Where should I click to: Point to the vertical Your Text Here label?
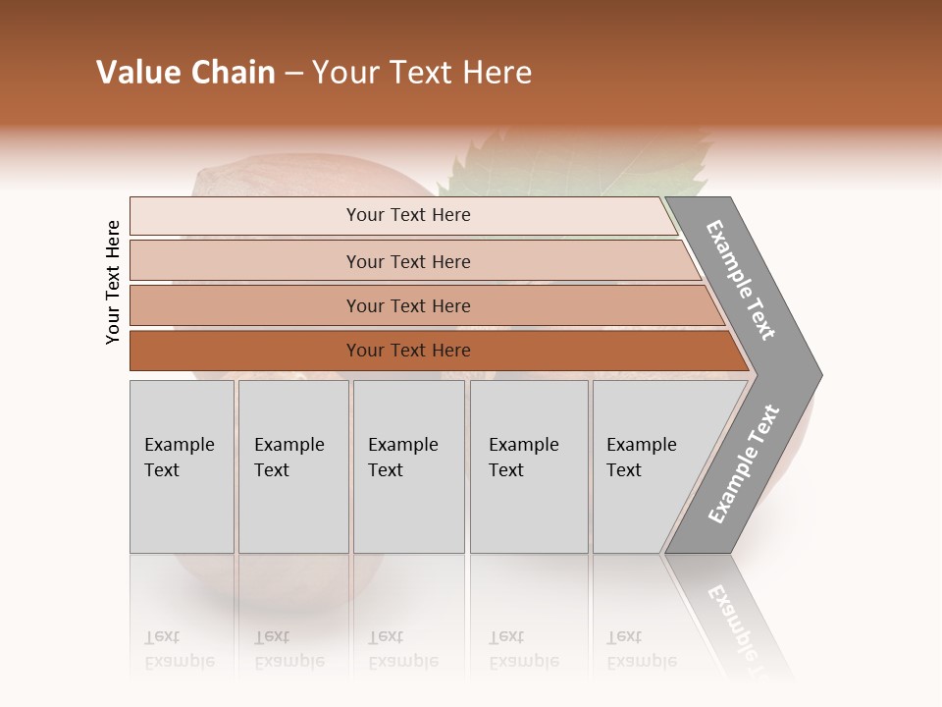point(113,283)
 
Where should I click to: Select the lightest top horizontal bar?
point(402,215)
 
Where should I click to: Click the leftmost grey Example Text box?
point(182,465)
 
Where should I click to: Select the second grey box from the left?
point(293,465)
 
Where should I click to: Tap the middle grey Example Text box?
point(408,465)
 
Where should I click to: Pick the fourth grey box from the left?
point(529,465)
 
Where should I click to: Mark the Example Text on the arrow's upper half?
point(741,280)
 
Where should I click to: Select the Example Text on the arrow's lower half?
point(744,464)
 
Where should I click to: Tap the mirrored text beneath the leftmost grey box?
point(180,649)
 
